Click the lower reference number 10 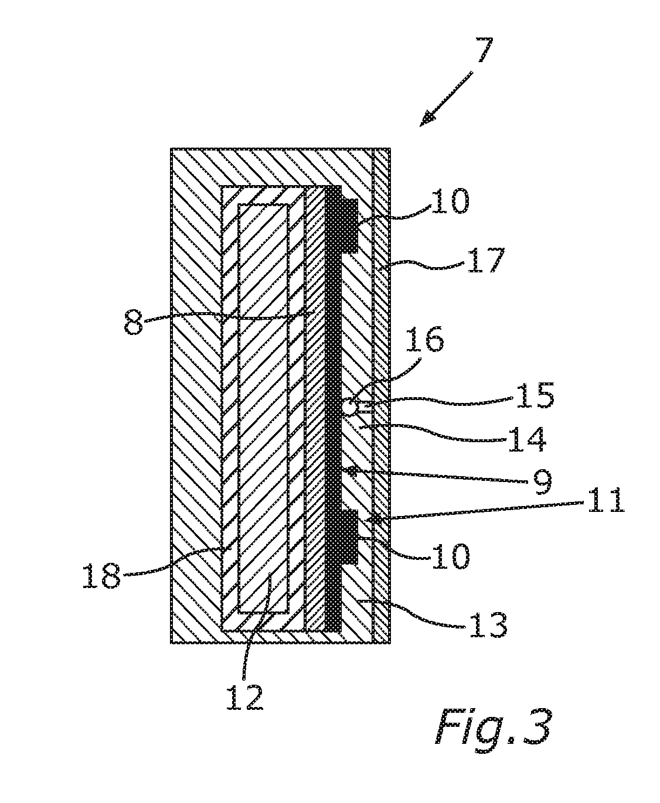[x=450, y=556]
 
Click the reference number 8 [x=134, y=322]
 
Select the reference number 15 [x=535, y=395]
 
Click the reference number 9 [x=542, y=481]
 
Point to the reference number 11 [x=606, y=500]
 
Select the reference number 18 [x=101, y=576]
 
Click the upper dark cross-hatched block [x=349, y=225]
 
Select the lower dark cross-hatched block [x=349, y=537]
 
